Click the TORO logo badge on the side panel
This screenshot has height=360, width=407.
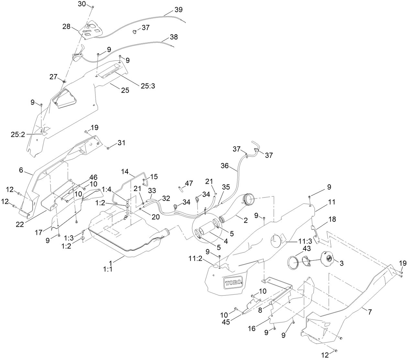(x=233, y=282)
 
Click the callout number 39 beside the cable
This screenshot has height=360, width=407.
(x=178, y=10)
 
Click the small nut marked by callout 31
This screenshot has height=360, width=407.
(x=108, y=148)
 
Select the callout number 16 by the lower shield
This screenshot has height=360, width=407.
(x=252, y=328)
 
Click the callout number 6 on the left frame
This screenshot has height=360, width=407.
(x=21, y=170)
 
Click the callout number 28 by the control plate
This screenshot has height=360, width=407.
(x=66, y=27)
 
